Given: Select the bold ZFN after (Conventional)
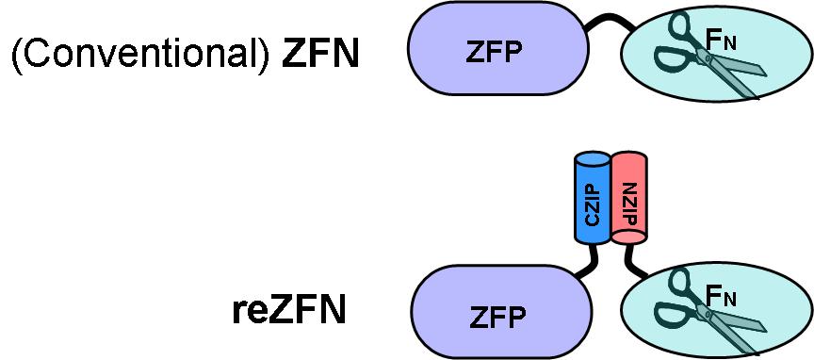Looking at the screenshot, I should pos(320,54).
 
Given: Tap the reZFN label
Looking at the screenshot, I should pos(288,310).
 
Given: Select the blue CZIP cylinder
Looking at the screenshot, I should pos(593,196).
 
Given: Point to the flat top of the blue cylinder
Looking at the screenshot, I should pos(593,156).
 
